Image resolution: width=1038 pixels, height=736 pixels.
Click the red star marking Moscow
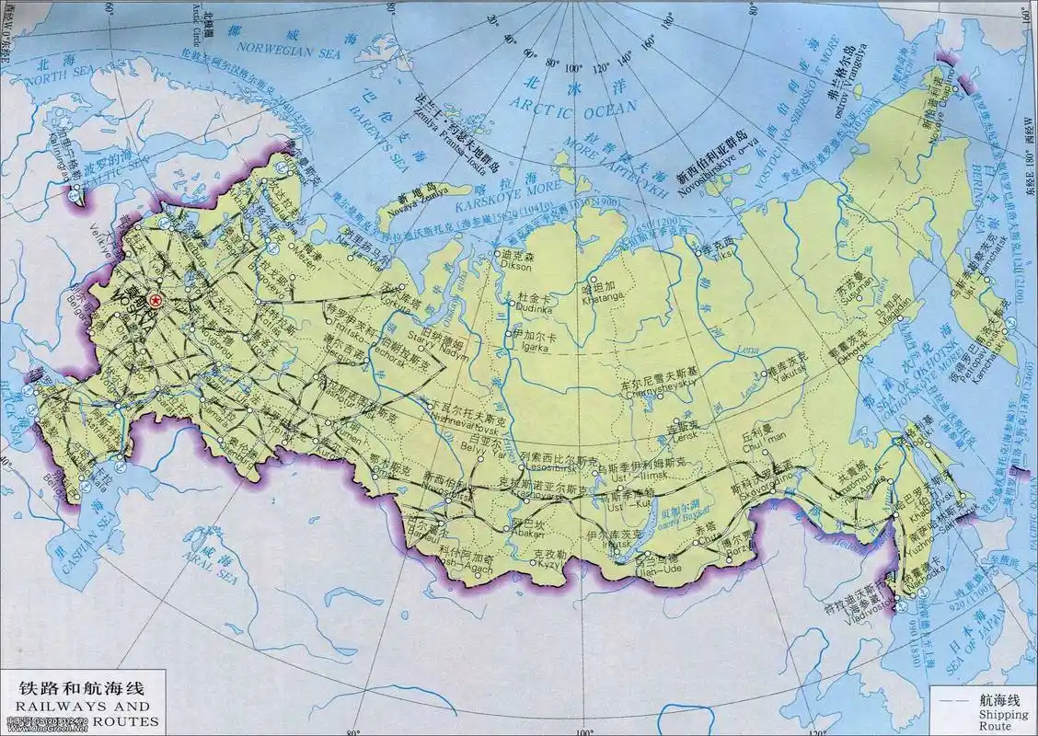pyautogui.click(x=156, y=299)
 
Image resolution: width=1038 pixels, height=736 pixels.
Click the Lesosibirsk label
pyautogui.click(x=548, y=466)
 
